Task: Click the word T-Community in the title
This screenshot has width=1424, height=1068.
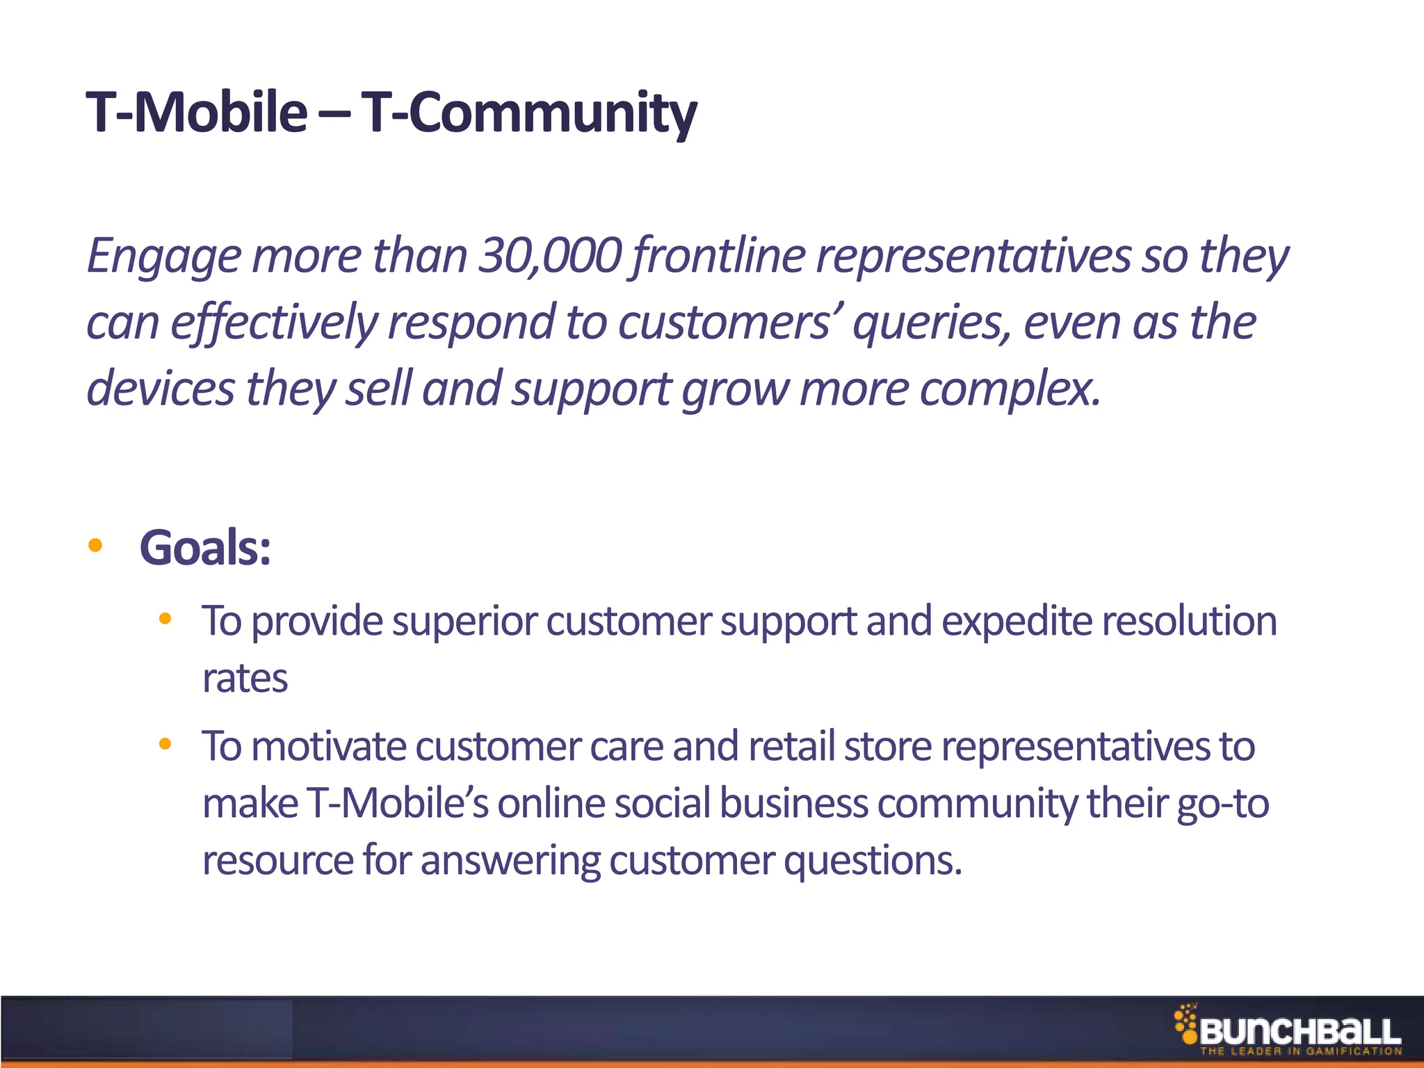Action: coord(528,113)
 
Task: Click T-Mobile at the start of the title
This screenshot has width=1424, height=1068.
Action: coord(196,113)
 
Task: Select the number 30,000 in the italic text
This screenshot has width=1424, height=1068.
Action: coord(549,256)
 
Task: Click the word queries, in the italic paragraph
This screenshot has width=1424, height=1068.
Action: coord(932,323)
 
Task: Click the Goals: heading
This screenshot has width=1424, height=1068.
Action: coord(205,548)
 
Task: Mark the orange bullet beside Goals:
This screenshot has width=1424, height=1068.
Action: coord(95,546)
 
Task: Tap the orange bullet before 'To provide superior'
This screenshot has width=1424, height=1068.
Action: coord(165,618)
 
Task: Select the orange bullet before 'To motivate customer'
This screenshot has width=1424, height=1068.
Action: coord(165,744)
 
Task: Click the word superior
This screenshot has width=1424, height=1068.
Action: coord(463,621)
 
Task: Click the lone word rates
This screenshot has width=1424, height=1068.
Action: coord(245,679)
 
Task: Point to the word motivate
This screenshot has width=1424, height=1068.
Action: coord(328,747)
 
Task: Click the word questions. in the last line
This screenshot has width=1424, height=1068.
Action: coord(873,861)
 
